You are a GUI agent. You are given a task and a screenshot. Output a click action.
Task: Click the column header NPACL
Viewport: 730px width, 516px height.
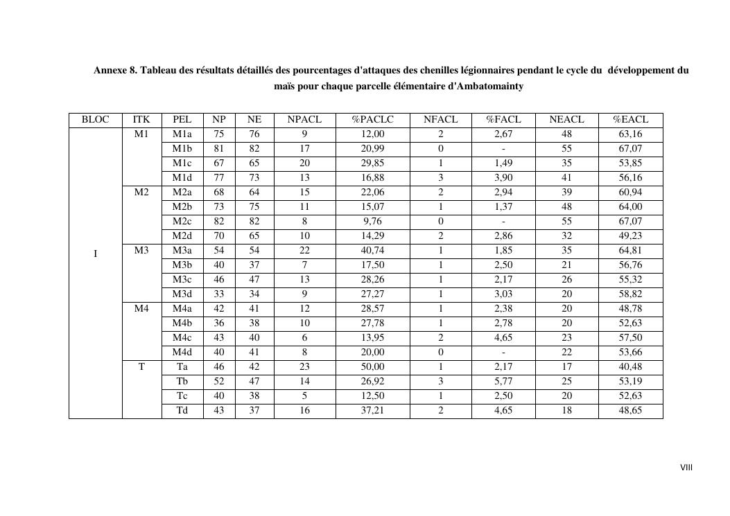point(304,120)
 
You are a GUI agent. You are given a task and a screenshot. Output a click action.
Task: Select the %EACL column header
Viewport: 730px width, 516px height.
point(630,120)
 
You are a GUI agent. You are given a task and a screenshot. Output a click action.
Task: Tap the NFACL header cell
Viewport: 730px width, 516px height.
point(440,120)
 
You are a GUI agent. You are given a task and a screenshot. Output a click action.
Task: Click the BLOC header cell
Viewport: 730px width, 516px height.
point(96,120)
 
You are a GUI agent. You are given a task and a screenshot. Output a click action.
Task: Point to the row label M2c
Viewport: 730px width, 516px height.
point(182,222)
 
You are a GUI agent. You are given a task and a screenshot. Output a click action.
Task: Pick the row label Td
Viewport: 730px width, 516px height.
point(182,411)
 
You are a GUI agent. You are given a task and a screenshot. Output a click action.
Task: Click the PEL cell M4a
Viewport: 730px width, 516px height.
point(182,309)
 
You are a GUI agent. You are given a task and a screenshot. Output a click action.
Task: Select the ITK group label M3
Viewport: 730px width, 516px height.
point(141,251)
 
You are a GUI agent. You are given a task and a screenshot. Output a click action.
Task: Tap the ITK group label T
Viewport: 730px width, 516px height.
point(141,367)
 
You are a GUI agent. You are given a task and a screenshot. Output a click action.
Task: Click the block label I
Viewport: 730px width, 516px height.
point(96,254)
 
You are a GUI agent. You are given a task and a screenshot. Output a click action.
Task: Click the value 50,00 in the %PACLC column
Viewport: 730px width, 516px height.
point(372,367)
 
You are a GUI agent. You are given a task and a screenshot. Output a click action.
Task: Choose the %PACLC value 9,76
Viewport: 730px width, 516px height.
point(372,222)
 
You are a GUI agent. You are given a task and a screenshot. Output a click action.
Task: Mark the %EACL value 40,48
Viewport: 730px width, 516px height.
point(630,367)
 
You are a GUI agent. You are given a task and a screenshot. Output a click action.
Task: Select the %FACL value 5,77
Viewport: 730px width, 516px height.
point(503,382)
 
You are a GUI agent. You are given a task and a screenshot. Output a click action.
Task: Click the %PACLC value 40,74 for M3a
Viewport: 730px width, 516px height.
point(372,251)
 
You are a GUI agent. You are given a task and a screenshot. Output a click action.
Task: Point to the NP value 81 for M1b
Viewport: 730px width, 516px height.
point(219,149)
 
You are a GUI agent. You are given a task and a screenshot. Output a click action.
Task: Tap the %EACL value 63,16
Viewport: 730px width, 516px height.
point(630,134)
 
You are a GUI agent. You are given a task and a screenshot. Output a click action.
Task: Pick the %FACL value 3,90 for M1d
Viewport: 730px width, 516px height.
point(503,178)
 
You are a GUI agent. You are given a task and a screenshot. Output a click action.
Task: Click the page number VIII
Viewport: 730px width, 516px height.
point(686,468)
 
